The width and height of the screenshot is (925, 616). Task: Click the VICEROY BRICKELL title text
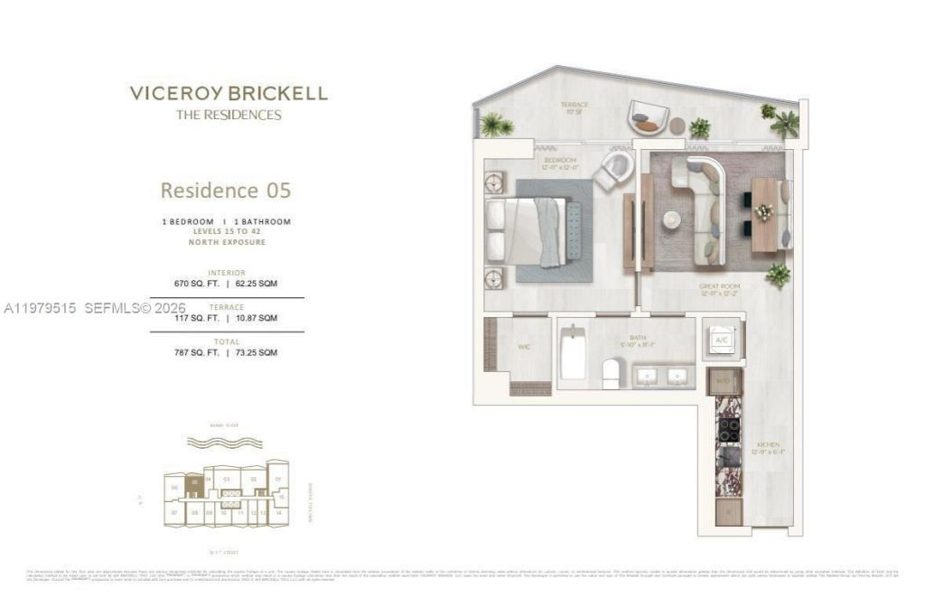(228, 93)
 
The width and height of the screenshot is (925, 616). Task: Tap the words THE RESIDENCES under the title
(228, 115)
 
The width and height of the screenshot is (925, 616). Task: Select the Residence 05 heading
(226, 191)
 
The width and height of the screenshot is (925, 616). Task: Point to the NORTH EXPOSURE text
(226, 242)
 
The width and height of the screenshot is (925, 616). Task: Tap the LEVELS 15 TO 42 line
(226, 232)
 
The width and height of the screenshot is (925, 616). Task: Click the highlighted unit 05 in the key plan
(194, 483)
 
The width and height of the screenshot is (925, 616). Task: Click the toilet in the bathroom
(612, 372)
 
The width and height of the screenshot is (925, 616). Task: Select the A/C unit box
(722, 340)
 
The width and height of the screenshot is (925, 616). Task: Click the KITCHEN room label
(769, 446)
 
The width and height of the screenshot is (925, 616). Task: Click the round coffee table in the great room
(671, 219)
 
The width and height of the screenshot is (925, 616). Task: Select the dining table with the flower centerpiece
(764, 214)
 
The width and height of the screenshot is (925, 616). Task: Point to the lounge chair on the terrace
(648, 118)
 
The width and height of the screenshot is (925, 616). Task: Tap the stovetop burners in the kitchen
(728, 429)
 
